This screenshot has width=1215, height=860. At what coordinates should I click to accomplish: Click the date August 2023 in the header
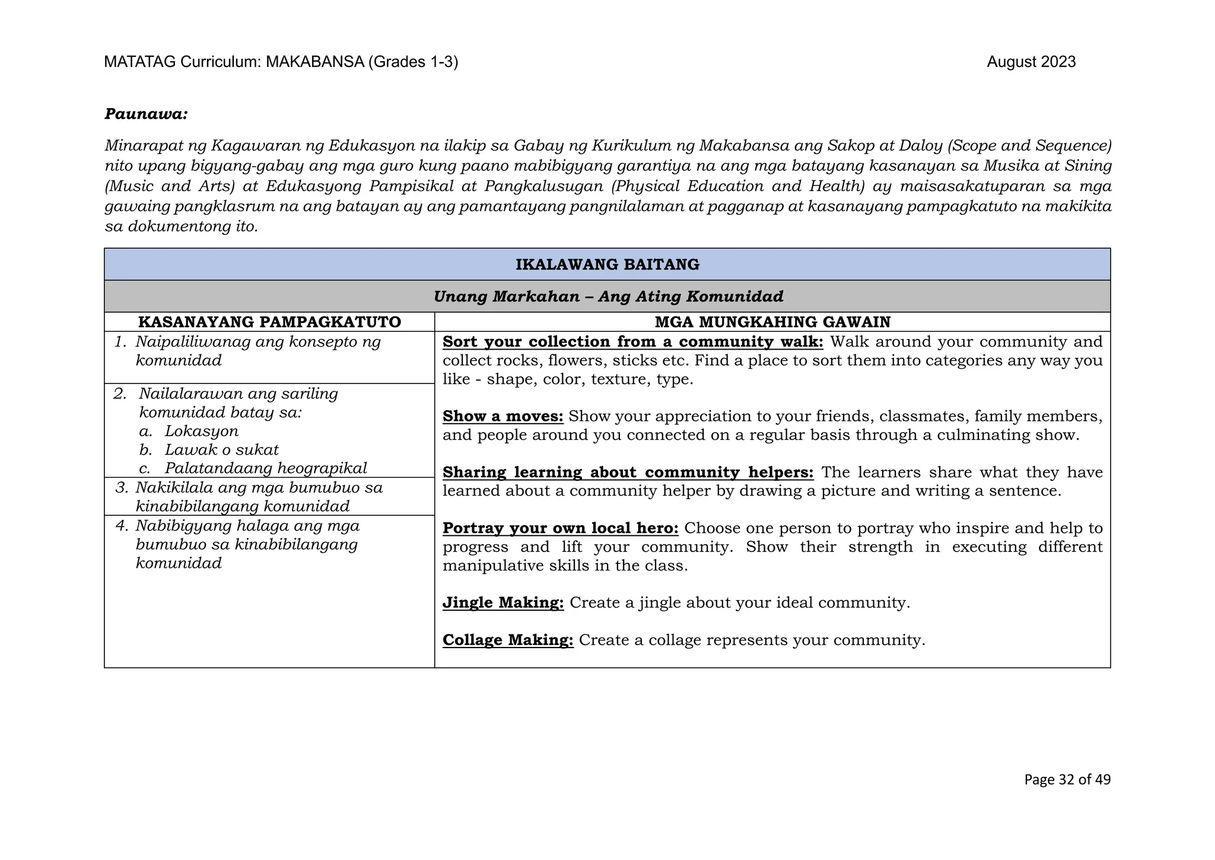[x=1030, y=62]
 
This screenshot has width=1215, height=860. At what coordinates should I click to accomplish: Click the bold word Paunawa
[x=146, y=114]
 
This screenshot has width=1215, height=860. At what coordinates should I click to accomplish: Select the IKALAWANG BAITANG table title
[x=607, y=265]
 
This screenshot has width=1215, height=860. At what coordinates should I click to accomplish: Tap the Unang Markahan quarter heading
[x=607, y=296]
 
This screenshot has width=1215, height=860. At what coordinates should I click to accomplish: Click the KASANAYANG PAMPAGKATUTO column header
[x=269, y=322]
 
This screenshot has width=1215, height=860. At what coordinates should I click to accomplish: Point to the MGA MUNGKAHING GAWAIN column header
[x=772, y=322]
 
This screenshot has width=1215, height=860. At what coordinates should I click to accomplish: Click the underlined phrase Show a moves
[x=502, y=417]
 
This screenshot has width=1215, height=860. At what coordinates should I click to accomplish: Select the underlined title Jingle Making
[x=502, y=603]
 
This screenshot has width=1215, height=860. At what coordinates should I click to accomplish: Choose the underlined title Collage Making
[x=507, y=640]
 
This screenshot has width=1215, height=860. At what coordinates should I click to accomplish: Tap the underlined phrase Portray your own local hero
[x=560, y=528]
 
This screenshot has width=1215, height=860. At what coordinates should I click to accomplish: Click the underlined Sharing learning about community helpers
[x=628, y=472]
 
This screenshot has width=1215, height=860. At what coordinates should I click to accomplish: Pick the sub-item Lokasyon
[x=202, y=431]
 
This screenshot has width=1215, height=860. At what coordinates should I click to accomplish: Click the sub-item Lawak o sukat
[x=221, y=450]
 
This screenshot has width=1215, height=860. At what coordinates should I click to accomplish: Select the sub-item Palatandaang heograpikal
[x=266, y=468]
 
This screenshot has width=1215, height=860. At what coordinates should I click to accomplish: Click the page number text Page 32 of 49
[x=1067, y=779]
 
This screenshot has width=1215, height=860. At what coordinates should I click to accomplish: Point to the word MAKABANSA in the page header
[x=314, y=62]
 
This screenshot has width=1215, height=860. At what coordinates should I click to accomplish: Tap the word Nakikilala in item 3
[x=170, y=488]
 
